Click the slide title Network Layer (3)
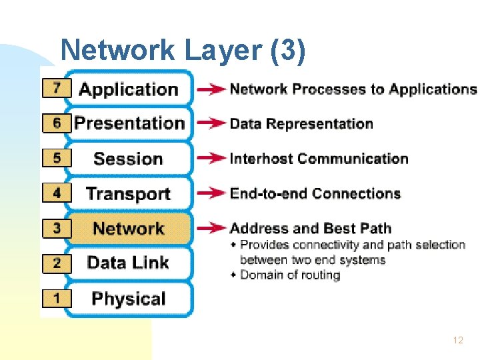183,50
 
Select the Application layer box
129,89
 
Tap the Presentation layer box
129,123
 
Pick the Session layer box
129,159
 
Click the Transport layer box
129,194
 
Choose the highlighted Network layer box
129,229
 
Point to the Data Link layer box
129,263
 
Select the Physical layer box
129,298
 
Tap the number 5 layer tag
57,158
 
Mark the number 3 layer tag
57,228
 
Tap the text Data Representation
301,124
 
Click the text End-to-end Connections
315,194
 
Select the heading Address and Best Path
310,229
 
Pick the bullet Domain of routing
289,275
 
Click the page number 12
457,340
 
